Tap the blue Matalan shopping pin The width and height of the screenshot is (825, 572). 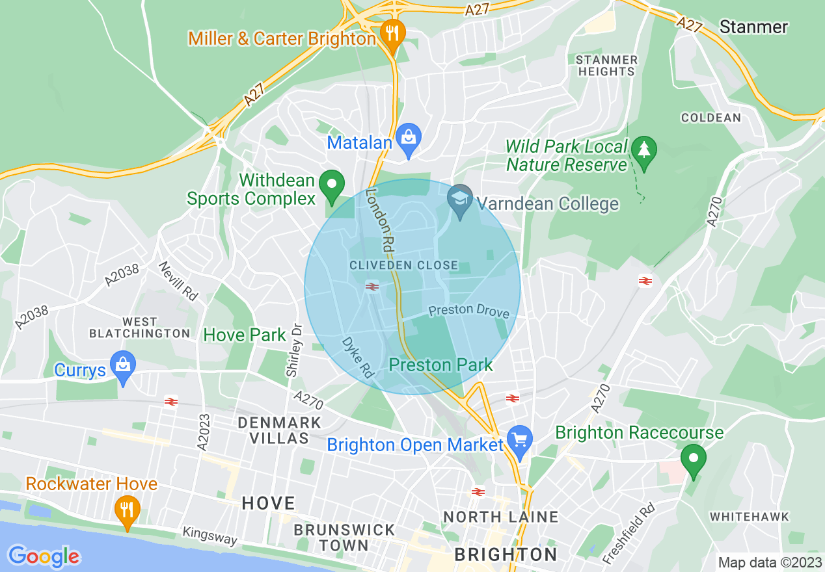pyautogui.click(x=409, y=138)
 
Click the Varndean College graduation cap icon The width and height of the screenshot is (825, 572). pyautogui.click(x=460, y=199)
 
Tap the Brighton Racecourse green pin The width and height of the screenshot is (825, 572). pyautogui.click(x=694, y=459)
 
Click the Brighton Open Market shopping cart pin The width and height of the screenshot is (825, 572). pyautogui.click(x=519, y=441)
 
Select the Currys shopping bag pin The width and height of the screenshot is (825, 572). pyautogui.click(x=122, y=365)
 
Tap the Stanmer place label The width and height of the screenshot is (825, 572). pyautogui.click(x=753, y=27)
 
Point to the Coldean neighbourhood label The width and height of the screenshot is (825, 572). pyautogui.click(x=711, y=118)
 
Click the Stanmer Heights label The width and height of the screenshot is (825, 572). pyautogui.click(x=606, y=66)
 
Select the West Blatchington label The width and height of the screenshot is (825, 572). pyautogui.click(x=139, y=328)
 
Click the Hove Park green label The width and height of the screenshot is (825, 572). pyautogui.click(x=245, y=335)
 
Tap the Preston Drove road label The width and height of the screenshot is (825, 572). pyautogui.click(x=468, y=311)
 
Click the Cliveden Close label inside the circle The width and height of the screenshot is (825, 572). pyautogui.click(x=403, y=266)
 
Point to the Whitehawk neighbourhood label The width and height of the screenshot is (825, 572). pyautogui.click(x=749, y=517)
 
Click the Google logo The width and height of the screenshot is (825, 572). pyautogui.click(x=44, y=556)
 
